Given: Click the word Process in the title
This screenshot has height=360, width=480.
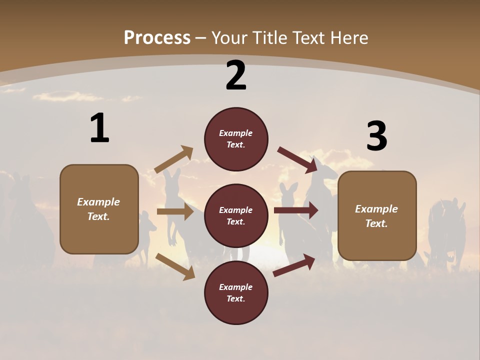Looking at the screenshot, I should click(x=157, y=38).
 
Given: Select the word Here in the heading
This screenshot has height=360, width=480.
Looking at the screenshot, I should click(x=348, y=38).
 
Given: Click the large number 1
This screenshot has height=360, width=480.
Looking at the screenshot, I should click(x=99, y=128).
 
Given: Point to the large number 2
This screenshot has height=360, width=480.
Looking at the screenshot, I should click(x=236, y=75).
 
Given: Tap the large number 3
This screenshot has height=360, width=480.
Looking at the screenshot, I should click(x=376, y=136).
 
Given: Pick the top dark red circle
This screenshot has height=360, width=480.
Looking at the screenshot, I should click(x=236, y=139).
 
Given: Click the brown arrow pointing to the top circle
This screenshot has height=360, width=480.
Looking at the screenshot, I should click(x=174, y=159).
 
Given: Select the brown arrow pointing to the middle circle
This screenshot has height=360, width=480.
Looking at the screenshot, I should click(x=175, y=211).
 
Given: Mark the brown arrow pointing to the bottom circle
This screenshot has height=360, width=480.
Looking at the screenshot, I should click(x=175, y=266).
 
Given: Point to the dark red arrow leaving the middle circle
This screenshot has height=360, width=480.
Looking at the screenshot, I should click(x=296, y=210).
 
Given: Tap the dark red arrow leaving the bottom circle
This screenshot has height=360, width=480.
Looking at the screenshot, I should click(x=294, y=265).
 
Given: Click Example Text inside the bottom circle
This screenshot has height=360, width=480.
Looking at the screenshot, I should click(x=236, y=293).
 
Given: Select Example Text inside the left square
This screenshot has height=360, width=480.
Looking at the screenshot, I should click(x=98, y=209).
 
